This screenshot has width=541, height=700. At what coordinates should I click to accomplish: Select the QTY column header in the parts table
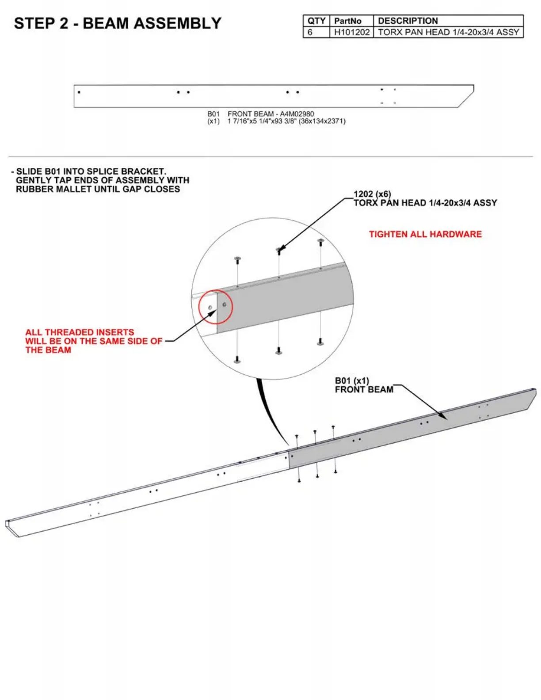pyautogui.click(x=316, y=21)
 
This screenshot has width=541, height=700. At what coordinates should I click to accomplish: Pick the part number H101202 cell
pyautogui.click(x=351, y=32)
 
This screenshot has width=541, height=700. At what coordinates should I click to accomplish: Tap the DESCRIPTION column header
pyautogui.click(x=408, y=21)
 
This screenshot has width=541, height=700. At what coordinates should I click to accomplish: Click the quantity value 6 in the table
pyautogui.click(x=310, y=32)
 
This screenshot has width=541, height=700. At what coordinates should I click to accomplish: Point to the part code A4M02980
pyautogui.click(x=297, y=114)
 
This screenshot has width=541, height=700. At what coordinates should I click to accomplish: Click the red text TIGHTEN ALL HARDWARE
pyautogui.click(x=425, y=234)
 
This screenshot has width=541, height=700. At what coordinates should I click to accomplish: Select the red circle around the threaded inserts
pyautogui.click(x=215, y=307)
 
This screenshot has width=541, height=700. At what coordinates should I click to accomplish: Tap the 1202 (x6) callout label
pyautogui.click(x=372, y=194)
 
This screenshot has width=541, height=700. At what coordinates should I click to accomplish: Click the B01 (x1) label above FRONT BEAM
pyautogui.click(x=351, y=380)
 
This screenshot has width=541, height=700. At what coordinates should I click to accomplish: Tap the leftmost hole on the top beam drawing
pyautogui.click(x=79, y=92)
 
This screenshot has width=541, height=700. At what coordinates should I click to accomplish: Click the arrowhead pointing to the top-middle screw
pyautogui.click(x=280, y=250)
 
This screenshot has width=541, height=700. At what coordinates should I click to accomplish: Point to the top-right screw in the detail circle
pyautogui.click(x=320, y=242)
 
